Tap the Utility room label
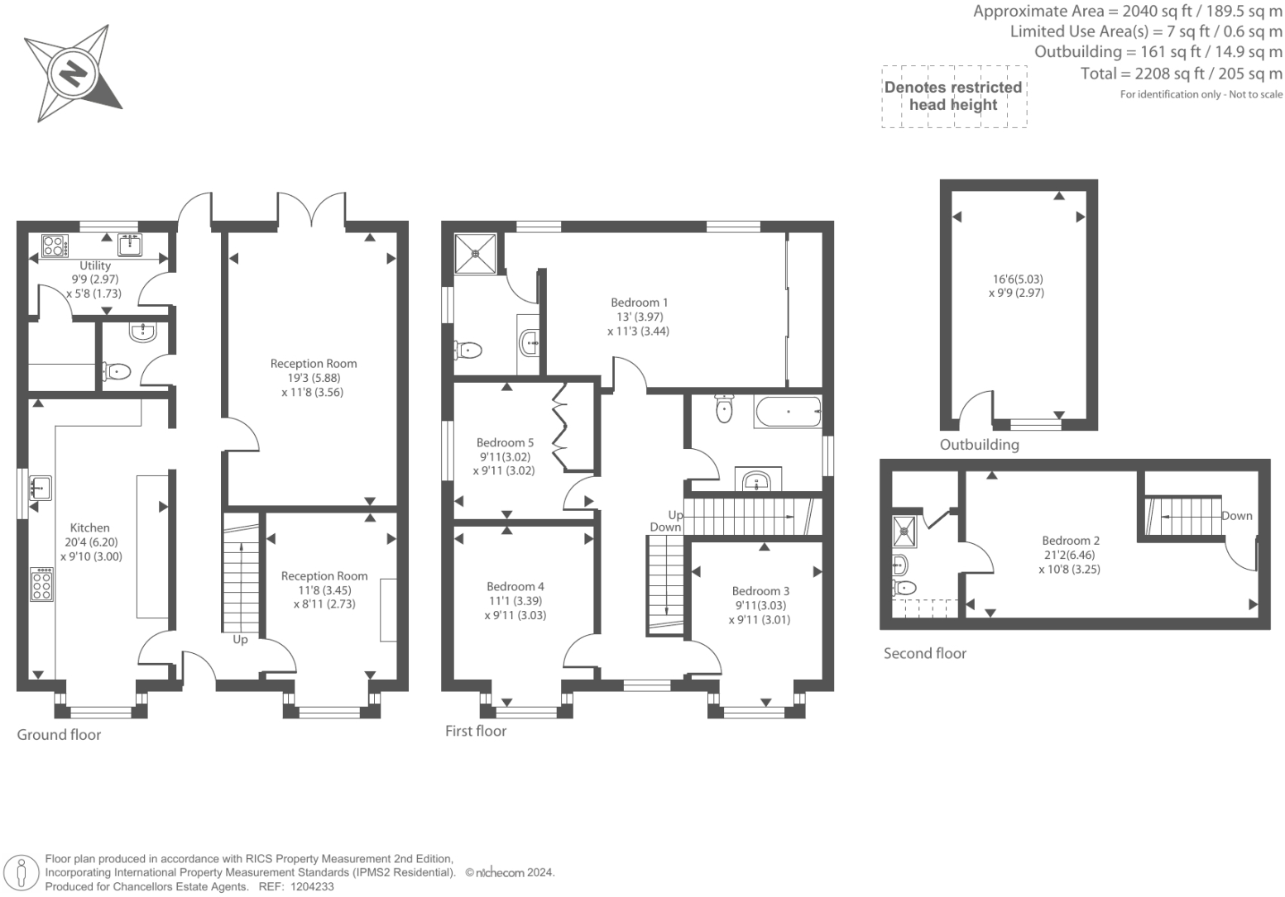tap(95, 265)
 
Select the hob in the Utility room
tap(55, 246)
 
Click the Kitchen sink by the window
tap(41, 488)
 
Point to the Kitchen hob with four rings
tap(42, 584)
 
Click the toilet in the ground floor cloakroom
tap(117, 371)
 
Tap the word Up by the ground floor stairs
tap(240, 639)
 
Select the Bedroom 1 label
tap(639, 303)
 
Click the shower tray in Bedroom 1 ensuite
tap(475, 253)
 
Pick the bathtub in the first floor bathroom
tap(789, 412)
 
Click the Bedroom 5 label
tap(505, 442)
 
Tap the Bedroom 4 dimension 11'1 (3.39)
tap(515, 601)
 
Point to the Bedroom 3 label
tap(760, 591)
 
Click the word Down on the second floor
tap(1236, 516)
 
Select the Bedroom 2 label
tap(1071, 541)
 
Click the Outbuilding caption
tap(979, 445)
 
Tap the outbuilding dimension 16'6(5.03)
tap(1018, 279)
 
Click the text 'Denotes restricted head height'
tap(953, 96)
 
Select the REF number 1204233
tap(313, 887)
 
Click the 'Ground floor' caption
tap(59, 735)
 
